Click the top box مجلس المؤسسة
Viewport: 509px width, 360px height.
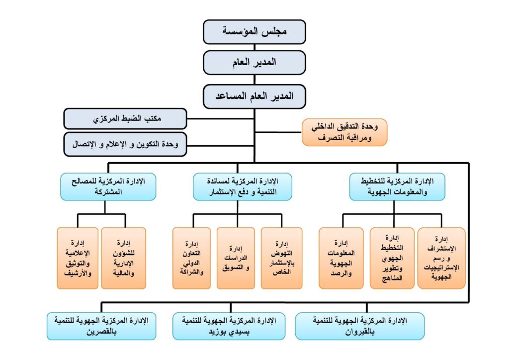click(254, 32)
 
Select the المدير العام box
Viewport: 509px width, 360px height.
click(254, 63)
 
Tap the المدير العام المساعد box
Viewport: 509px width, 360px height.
click(254, 96)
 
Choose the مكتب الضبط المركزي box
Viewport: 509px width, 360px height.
click(125, 119)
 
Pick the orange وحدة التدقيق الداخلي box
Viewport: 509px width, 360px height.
click(344, 132)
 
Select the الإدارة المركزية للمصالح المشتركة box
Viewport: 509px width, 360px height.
click(108, 186)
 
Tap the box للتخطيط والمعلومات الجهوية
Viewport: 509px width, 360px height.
click(397, 186)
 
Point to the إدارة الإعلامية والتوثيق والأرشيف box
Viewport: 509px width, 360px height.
click(78, 258)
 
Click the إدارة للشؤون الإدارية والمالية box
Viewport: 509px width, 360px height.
click(123, 258)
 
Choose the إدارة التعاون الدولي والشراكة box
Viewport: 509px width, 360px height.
click(191, 258)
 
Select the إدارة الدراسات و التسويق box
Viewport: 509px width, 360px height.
click(236, 258)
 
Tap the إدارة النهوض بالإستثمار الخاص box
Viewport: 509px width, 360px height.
click(281, 258)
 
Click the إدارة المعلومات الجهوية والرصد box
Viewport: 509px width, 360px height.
click(341, 258)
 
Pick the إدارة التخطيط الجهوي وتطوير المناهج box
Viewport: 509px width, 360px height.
click(392, 258)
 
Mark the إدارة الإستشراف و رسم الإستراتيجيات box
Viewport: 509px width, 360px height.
click(441, 258)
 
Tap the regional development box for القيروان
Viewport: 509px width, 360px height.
click(360, 326)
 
